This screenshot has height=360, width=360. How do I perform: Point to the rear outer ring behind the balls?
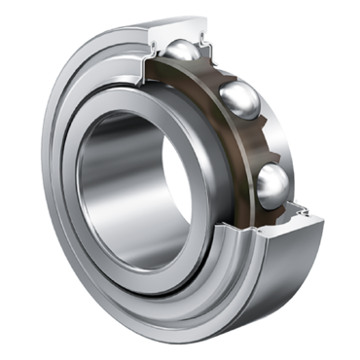[282, 107]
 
